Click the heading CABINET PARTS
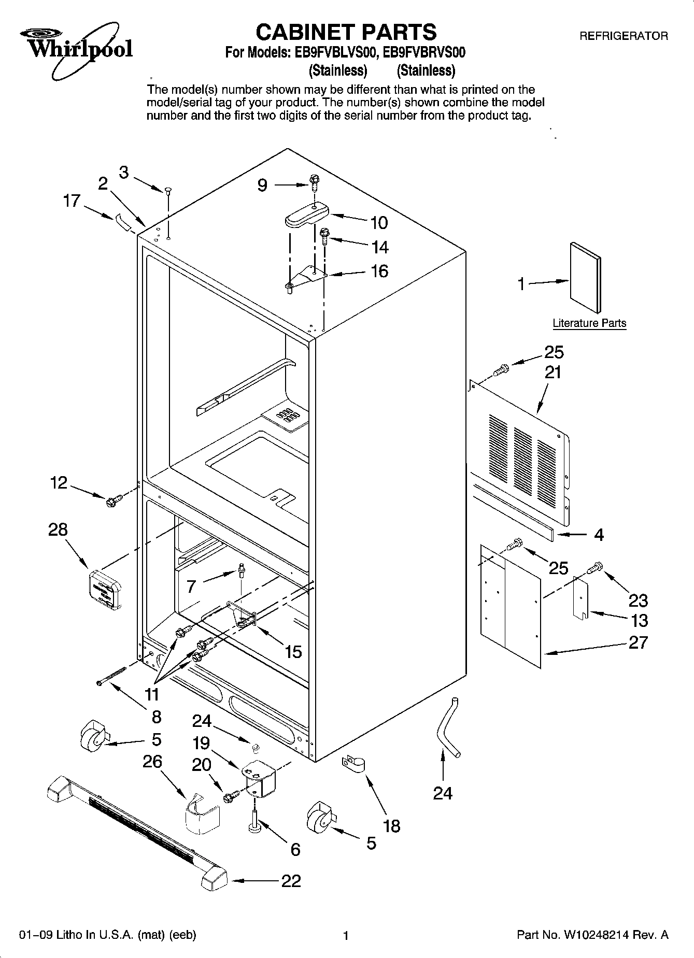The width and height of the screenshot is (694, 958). (346, 32)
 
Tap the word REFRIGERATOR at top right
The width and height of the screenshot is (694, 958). (623, 36)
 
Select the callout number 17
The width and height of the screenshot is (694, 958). (72, 201)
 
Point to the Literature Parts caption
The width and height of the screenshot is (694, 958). (589, 323)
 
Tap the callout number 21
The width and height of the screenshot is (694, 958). (553, 372)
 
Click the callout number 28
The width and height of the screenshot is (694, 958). (58, 530)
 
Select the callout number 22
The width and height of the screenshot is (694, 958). (291, 881)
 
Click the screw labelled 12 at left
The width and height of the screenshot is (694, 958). (114, 501)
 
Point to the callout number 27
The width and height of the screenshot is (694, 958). (638, 642)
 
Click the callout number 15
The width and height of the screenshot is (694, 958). (293, 651)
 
